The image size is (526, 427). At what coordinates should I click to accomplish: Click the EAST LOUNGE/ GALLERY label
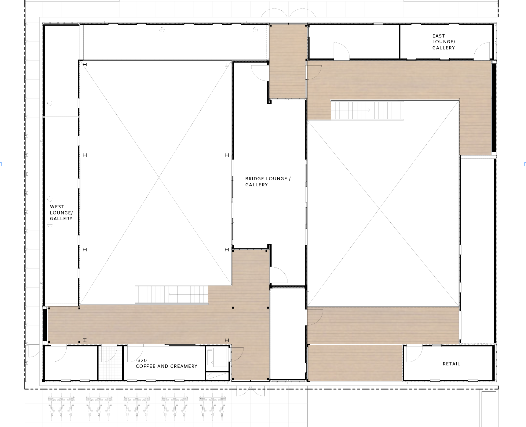pyautogui.click(x=444, y=42)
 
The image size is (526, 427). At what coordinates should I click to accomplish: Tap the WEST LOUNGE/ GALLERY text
pyautogui.click(x=61, y=213)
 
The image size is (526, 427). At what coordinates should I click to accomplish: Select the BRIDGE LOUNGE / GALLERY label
pyautogui.click(x=268, y=181)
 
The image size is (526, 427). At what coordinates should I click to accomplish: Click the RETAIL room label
pyautogui.click(x=451, y=364)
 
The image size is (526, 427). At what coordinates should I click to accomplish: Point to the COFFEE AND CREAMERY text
pyautogui.click(x=166, y=366)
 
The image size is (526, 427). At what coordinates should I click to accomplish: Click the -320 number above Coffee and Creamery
pyautogui.click(x=141, y=360)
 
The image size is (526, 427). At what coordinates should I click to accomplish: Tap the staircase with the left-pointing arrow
pyautogui.click(x=172, y=295)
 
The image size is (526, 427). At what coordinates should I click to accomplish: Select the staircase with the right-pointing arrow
pyautogui.click(x=367, y=110)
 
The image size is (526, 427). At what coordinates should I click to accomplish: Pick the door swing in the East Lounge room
pyautogui.click(x=483, y=51)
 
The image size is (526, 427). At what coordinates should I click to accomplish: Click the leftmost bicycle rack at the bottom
pyautogui.click(x=61, y=407)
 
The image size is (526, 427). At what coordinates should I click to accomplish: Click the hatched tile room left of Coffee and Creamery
pyautogui.click(x=111, y=363)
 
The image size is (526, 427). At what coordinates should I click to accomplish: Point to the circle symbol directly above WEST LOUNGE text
pyautogui.click(x=50, y=199)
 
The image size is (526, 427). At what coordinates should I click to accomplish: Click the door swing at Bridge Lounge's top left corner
pyautogui.click(x=260, y=73)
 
